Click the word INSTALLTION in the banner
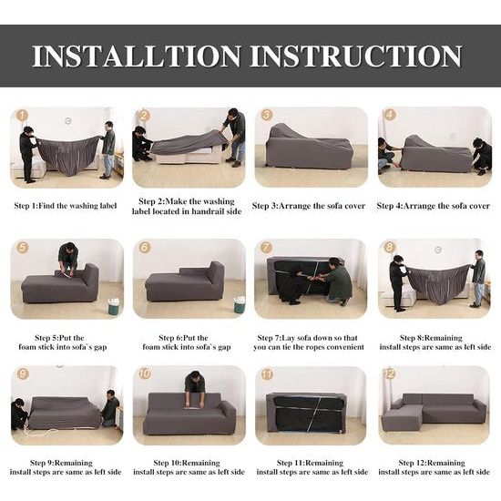coord(137,56)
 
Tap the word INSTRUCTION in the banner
coord(355,56)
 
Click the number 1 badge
coord(22,115)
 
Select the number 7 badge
coord(266,247)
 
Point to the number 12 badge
coord(389,373)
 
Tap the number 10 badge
coord(145,373)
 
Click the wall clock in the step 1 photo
coord(68,121)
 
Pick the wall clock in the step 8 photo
coord(438,250)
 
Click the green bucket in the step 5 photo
coord(114,306)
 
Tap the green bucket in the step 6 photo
coord(240,304)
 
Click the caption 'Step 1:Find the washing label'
coord(66,206)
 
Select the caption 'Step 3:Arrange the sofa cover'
coord(308,206)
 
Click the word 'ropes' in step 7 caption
coord(307,347)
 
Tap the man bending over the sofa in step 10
coord(195,387)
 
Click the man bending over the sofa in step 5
coord(68,256)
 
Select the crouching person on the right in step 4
coord(482,157)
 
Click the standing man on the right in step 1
coord(107,150)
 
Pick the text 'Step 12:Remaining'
coord(432,463)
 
